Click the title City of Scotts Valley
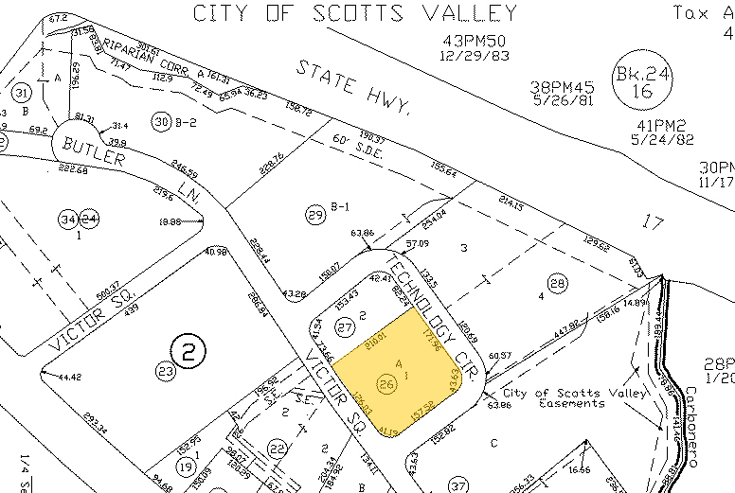tap(354, 13)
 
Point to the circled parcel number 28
tap(557, 283)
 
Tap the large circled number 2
tap(188, 353)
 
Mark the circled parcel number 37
tap(459, 485)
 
